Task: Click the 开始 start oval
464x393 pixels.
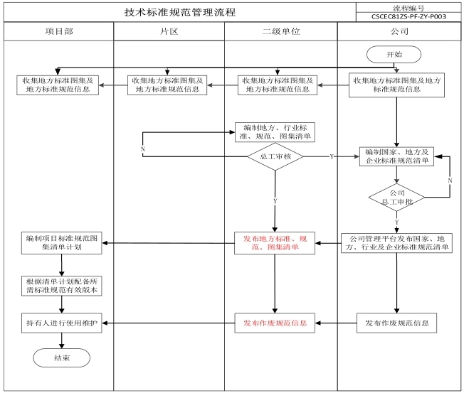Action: (x=394, y=55)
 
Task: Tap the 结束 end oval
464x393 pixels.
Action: (x=61, y=358)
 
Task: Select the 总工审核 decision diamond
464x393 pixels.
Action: (x=275, y=156)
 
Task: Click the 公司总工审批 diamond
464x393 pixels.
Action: (x=396, y=198)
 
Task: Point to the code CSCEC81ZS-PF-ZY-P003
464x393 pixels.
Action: (x=408, y=16)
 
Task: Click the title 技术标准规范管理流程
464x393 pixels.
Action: (x=180, y=12)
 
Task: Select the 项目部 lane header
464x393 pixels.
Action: (x=58, y=31)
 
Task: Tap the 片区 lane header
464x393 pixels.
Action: (x=169, y=31)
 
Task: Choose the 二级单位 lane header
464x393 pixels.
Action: (x=281, y=31)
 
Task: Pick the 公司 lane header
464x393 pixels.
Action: (x=399, y=31)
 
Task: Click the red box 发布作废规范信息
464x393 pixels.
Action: (x=275, y=323)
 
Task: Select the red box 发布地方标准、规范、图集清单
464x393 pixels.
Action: (x=275, y=243)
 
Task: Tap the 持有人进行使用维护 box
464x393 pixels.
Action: (x=61, y=323)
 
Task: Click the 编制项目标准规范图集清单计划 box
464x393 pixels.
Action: (x=61, y=243)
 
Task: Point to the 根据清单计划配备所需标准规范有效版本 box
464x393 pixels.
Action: (x=61, y=286)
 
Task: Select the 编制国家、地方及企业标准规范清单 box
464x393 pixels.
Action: (x=396, y=156)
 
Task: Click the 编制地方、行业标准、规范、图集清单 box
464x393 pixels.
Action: (x=275, y=132)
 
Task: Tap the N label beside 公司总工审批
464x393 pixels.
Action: (x=450, y=181)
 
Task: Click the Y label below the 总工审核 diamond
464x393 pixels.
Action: (x=275, y=201)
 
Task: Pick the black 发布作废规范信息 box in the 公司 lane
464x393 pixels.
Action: (x=396, y=323)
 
